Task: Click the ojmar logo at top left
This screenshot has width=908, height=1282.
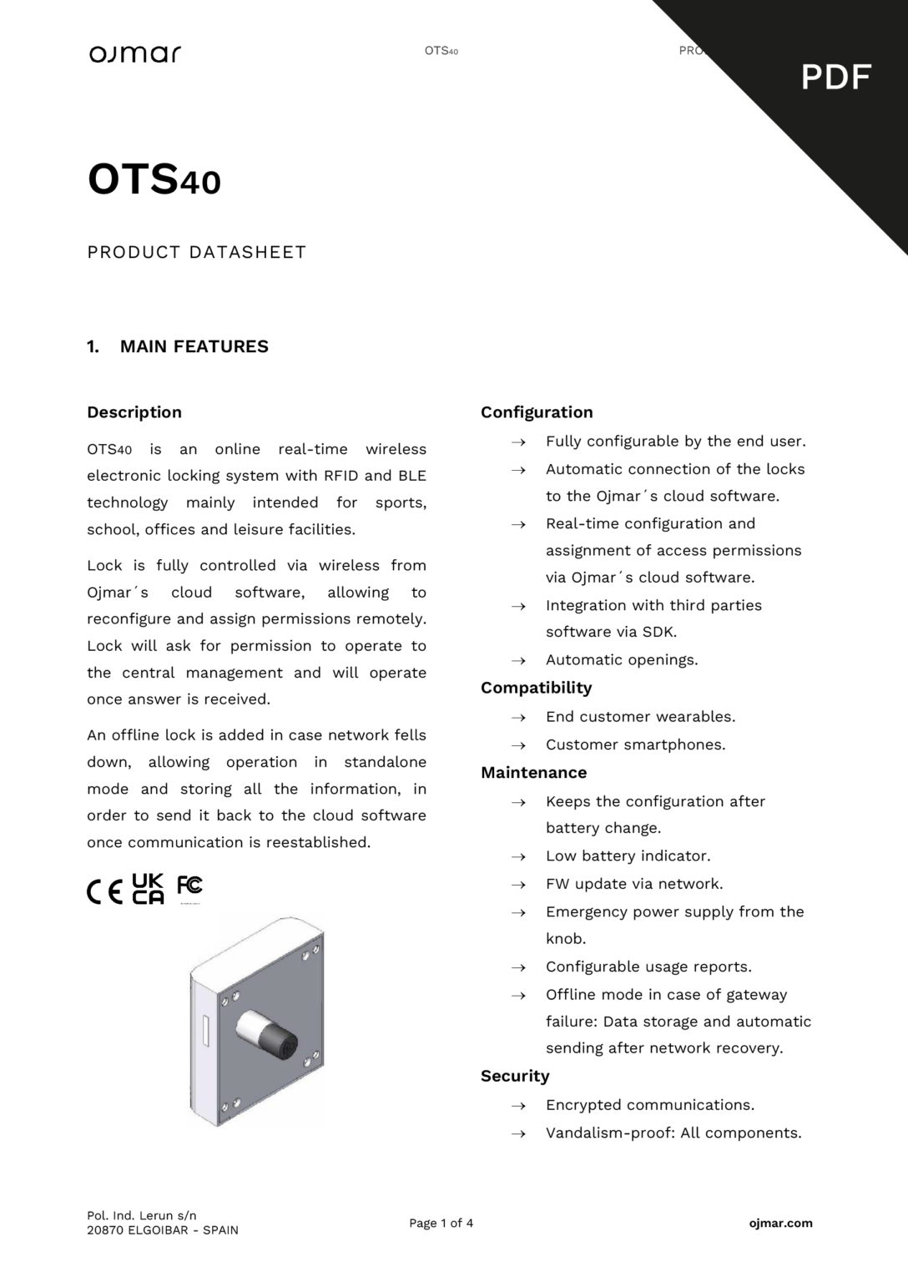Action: pyautogui.click(x=135, y=54)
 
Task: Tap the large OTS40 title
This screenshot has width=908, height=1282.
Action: pyautogui.click(x=154, y=179)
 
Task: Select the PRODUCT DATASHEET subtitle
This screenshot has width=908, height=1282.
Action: pyautogui.click(x=197, y=252)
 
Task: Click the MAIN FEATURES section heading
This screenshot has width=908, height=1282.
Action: pyautogui.click(x=194, y=346)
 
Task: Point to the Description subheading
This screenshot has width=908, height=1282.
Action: pyautogui.click(x=134, y=412)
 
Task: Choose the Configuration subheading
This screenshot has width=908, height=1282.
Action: pyautogui.click(x=537, y=412)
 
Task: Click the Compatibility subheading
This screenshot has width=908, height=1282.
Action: pyautogui.click(x=536, y=688)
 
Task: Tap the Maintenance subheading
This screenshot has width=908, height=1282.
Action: pyautogui.click(x=533, y=773)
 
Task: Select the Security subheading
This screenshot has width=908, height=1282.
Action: pyautogui.click(x=515, y=1077)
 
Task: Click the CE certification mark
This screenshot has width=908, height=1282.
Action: pyautogui.click(x=105, y=892)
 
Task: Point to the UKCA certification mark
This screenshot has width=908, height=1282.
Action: pyautogui.click(x=149, y=889)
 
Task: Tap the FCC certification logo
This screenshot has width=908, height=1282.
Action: pyautogui.click(x=189, y=886)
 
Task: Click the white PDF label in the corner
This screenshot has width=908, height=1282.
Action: pyautogui.click(x=836, y=78)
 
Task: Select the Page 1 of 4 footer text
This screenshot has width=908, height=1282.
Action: pyautogui.click(x=441, y=1224)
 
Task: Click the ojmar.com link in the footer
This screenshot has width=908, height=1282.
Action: pyautogui.click(x=780, y=1224)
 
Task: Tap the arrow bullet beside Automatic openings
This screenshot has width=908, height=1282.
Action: pyautogui.click(x=518, y=661)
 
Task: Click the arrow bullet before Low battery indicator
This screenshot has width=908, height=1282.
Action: pyautogui.click(x=518, y=857)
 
